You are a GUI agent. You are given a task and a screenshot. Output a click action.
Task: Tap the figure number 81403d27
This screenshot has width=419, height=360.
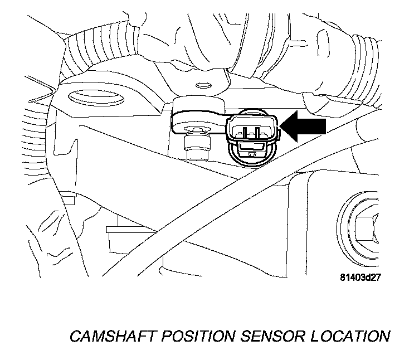363,276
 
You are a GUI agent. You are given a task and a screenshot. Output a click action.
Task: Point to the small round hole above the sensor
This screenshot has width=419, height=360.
203,86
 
